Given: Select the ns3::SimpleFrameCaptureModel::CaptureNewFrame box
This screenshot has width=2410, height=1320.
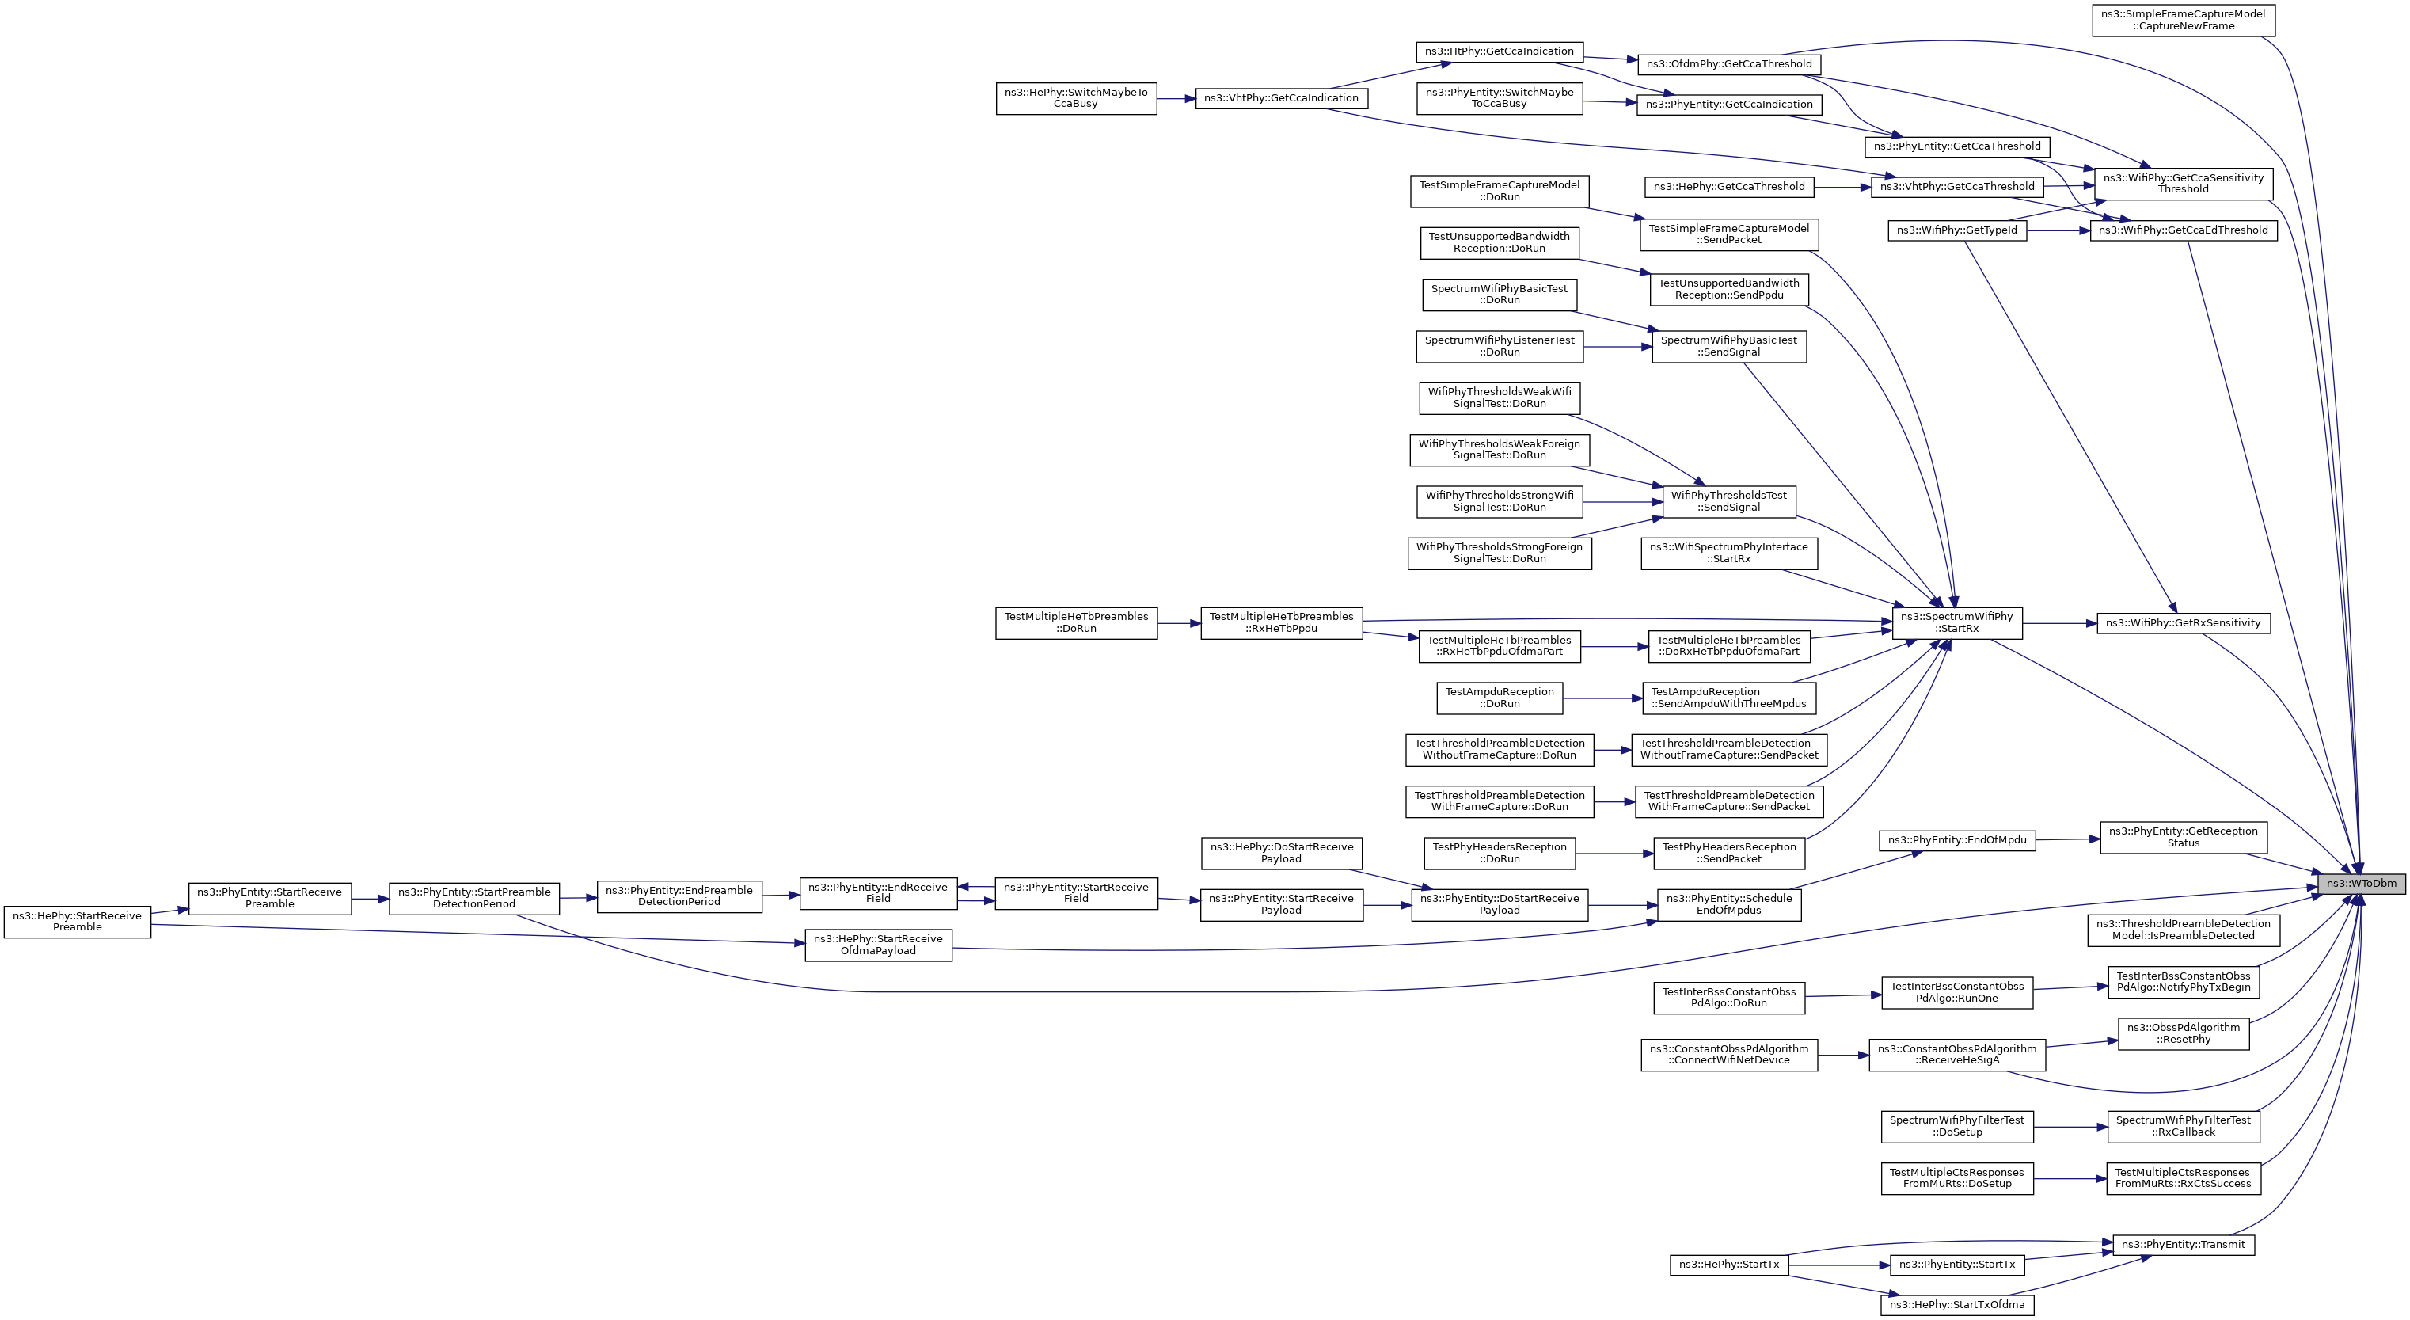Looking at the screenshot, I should pyautogui.click(x=2183, y=20).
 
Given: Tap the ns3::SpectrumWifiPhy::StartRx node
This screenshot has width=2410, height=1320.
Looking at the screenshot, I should pyautogui.click(x=1956, y=623).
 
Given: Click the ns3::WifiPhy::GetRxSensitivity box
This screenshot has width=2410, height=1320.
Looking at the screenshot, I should pyautogui.click(x=2183, y=623).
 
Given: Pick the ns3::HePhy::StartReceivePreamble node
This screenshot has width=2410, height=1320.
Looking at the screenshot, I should pyautogui.click(x=77, y=922).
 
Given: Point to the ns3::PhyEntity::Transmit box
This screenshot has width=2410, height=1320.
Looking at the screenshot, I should pyautogui.click(x=2183, y=1245).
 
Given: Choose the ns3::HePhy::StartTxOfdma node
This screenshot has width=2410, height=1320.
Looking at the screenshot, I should pyautogui.click(x=1956, y=1305).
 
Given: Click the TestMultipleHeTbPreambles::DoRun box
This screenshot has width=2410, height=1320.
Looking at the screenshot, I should pyautogui.click(x=1076, y=623).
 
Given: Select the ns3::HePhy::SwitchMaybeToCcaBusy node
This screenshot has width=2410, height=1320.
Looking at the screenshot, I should pyautogui.click(x=1076, y=98).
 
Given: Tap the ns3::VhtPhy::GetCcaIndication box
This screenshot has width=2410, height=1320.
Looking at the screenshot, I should pyautogui.click(x=1281, y=98).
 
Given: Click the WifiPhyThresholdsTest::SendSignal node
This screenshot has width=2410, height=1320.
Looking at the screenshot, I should pyautogui.click(x=1728, y=501).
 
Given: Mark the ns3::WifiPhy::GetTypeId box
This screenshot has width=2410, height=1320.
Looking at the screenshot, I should pyautogui.click(x=1956, y=230).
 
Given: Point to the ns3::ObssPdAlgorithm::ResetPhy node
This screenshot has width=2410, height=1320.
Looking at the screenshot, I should pyautogui.click(x=2183, y=1033).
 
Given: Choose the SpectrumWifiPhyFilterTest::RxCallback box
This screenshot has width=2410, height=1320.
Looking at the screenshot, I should pyautogui.click(x=2183, y=1126).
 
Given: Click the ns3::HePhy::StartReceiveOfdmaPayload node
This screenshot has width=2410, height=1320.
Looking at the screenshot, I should pyautogui.click(x=877, y=945).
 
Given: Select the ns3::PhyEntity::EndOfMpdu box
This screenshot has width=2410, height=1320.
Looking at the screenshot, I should pyautogui.click(x=1956, y=840).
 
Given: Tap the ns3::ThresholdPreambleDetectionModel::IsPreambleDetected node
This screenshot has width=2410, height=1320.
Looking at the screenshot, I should pyautogui.click(x=2183, y=930).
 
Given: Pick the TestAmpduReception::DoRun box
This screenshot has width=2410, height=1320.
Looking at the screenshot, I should pyautogui.click(x=1499, y=698).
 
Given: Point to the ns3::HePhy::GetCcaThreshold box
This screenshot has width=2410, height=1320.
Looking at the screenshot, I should pyautogui.click(x=1728, y=187).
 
